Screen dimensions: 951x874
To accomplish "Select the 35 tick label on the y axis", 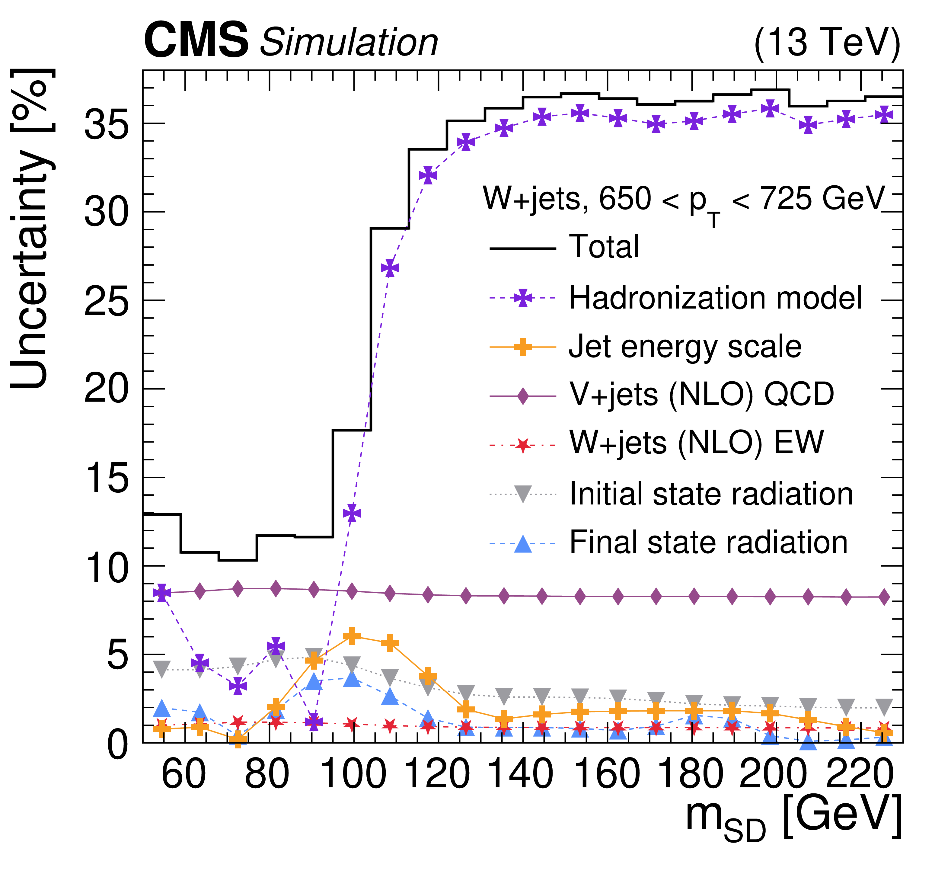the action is coord(107,124).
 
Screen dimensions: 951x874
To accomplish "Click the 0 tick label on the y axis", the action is coord(118,744).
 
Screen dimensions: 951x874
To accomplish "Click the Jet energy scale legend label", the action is coord(685,347).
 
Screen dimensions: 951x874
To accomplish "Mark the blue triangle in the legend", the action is coord(522,543).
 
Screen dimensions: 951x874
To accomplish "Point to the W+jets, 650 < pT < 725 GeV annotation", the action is coord(683,201).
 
